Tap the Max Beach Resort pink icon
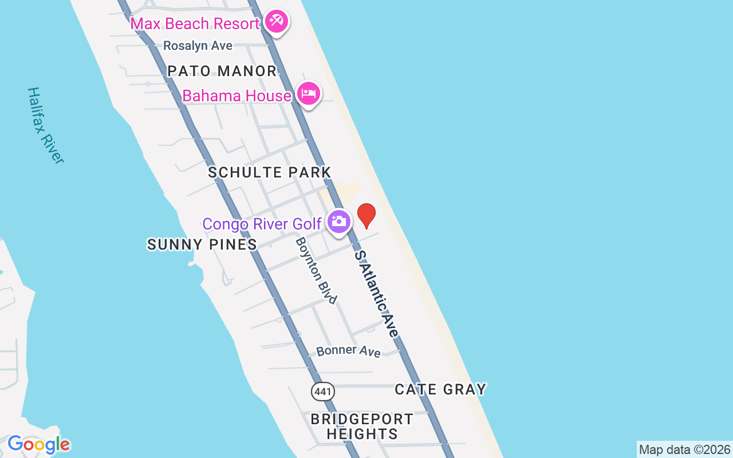tap(277, 22)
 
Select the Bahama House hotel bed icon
tap(309, 94)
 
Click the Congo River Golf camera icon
tap(339, 222)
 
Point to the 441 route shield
tap(322, 392)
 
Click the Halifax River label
tap(45, 126)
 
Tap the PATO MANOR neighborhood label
tap(222, 72)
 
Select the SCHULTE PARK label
tap(270, 172)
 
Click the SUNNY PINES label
tap(202, 244)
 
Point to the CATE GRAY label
tap(440, 390)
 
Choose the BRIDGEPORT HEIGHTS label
tap(362, 427)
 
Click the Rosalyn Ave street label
tap(198, 46)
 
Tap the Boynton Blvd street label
tap(316, 270)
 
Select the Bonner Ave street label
tap(348, 350)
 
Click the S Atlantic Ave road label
tap(376, 294)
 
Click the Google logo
tap(38, 444)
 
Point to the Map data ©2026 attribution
tap(684, 449)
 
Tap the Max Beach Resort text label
tap(195, 24)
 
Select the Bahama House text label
tap(237, 96)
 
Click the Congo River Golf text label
tap(262, 224)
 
